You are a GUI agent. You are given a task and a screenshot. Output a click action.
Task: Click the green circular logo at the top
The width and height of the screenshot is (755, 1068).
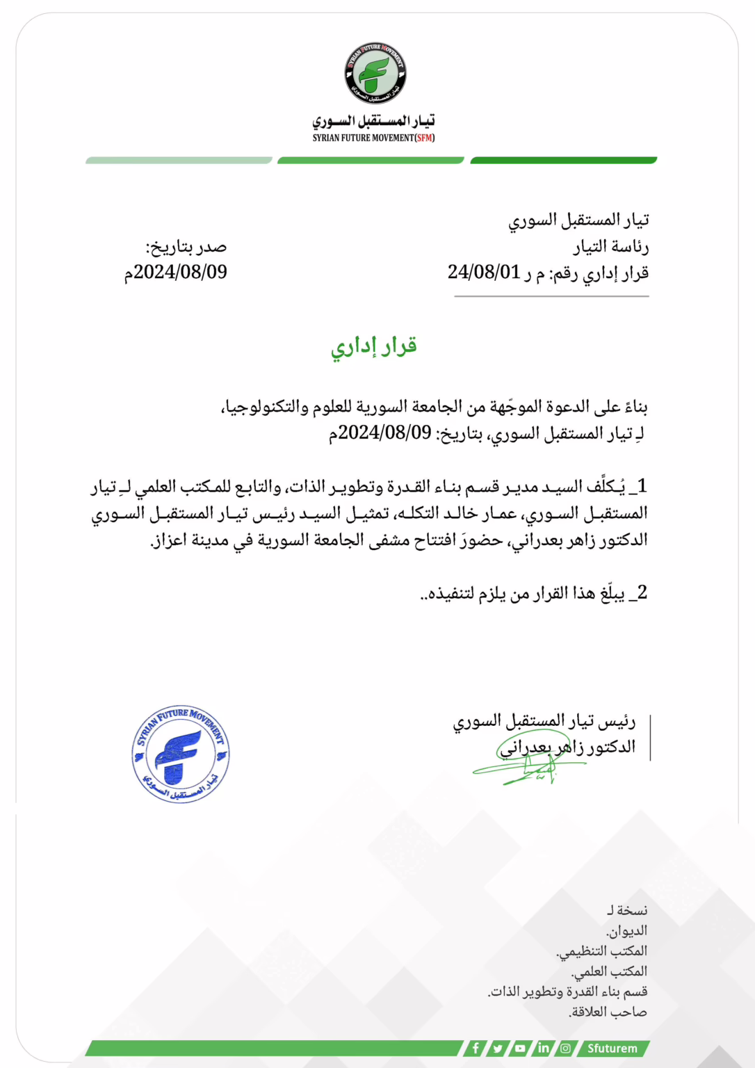375,74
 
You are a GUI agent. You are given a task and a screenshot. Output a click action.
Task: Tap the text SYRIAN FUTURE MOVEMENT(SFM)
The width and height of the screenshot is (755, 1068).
373,138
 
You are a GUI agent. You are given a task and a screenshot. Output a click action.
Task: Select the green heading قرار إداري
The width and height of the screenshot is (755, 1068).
374,346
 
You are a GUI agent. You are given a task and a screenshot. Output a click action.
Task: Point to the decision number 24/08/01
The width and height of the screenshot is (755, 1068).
484,273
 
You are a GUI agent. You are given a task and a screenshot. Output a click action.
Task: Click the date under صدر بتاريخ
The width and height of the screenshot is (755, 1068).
176,272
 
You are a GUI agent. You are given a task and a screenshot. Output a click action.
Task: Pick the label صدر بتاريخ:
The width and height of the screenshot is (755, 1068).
186,247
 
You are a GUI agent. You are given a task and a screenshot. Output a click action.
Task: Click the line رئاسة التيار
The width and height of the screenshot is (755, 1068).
610,247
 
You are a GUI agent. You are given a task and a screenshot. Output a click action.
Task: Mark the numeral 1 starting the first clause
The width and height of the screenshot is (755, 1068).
642,485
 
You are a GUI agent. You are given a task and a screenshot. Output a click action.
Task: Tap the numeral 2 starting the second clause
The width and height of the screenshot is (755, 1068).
642,592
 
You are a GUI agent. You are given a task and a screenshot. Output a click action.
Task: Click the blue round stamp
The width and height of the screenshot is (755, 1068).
181,754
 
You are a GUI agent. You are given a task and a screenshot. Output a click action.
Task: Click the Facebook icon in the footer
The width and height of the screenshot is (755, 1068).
476,1048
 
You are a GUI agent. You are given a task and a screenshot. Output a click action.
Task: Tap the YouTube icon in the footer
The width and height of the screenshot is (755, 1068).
520,1048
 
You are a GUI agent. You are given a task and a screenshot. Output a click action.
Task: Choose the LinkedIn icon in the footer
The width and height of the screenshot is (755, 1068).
543,1048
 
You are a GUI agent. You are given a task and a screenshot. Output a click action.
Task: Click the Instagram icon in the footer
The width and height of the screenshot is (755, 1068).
566,1048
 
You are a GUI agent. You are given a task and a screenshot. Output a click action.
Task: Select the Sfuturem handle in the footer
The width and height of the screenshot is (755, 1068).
612,1048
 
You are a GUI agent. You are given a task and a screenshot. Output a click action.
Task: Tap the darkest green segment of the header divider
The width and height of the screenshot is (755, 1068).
563,161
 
